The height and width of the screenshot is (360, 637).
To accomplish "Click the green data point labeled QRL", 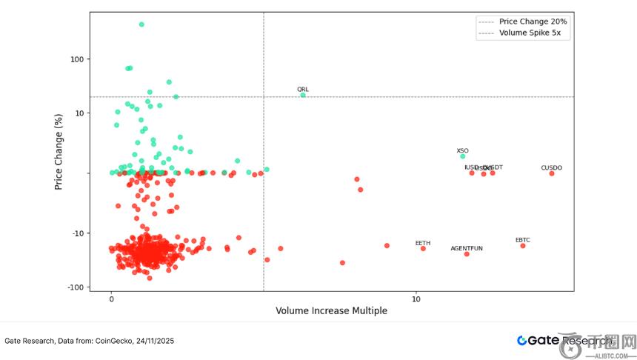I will coord(303,96).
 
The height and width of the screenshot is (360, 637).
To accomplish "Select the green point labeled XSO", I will coord(463,156).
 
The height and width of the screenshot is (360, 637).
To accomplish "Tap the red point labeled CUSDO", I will coord(552,173).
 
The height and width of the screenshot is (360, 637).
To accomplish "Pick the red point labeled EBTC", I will coord(523,246).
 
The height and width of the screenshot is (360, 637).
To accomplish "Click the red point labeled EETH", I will coord(423,248).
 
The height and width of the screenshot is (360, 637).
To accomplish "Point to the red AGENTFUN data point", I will coord(467,254).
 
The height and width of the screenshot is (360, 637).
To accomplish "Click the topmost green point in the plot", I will coord(141,24).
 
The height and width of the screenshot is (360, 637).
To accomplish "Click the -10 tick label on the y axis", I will coord(78,233).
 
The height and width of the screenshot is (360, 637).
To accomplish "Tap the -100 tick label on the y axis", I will coord(76,287).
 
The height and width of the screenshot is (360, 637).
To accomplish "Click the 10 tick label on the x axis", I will coord(416,299).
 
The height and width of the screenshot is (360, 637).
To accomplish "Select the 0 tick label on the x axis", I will coord(111,299).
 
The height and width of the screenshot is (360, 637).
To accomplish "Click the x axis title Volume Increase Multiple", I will coord(331,311).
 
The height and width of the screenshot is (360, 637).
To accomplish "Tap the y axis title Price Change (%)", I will coord(59,151).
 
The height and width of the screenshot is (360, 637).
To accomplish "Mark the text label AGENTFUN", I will coord(467,248).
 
